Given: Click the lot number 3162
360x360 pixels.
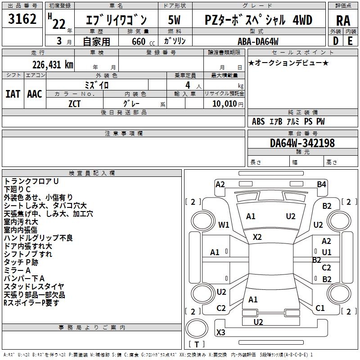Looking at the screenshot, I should coord(22,19).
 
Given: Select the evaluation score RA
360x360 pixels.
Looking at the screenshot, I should coord(343,20).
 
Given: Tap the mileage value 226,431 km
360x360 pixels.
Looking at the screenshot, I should coord(52,65).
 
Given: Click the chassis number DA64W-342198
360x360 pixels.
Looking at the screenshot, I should coord(302,143).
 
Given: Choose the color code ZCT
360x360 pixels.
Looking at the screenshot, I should coord(75,103).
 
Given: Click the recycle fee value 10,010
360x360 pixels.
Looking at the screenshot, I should coord(224,104).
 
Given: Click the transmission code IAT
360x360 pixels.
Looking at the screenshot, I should coord(13,94).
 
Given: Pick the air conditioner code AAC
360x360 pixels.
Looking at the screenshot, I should coord(35,94).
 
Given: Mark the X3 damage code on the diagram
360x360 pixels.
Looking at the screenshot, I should coord(221,333).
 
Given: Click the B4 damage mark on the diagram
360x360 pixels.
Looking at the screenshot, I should coord(321,184).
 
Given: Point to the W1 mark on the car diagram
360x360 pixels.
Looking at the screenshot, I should coord(224,225).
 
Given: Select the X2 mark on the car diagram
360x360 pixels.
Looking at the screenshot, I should coord(257,237).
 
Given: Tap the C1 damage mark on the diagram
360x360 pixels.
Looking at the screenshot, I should coord(320,308).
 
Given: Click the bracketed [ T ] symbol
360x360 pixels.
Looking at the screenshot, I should coord(197,345).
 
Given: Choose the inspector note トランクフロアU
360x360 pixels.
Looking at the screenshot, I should coord(31,181).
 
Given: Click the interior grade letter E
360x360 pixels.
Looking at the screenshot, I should coord(350,41).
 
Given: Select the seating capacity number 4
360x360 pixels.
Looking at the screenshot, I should coord(187,85).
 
